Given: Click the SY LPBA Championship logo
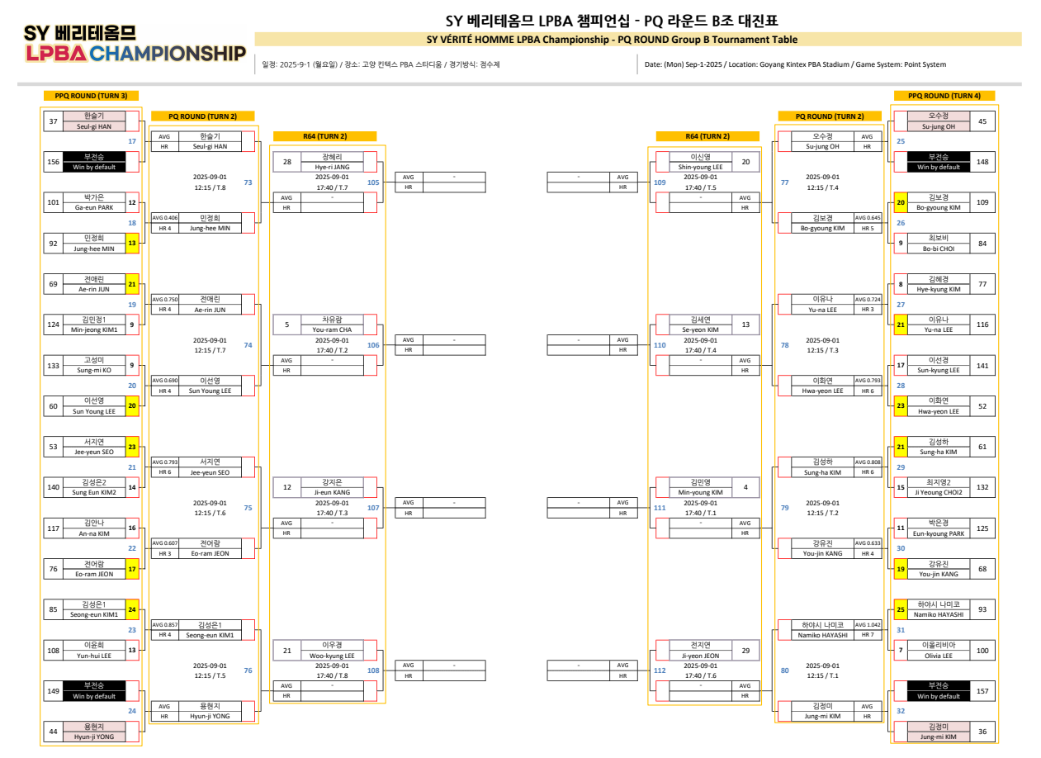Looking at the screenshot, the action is tap(135, 44).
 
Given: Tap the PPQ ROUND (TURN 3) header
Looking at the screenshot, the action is tap(91, 96).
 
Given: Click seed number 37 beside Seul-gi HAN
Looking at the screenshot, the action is tap(54, 121).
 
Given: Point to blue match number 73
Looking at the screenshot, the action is tap(248, 182).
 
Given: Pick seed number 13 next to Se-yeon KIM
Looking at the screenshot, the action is tap(745, 325).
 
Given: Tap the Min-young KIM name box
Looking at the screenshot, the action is tap(700, 487).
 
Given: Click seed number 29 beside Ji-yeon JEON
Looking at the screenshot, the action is tap(745, 650).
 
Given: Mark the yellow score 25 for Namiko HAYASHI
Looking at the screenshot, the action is tap(901, 609).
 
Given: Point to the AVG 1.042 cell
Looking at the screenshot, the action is tap(867, 624).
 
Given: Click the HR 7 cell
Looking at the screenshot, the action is tap(867, 634).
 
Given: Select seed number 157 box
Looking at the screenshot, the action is tap(982, 691).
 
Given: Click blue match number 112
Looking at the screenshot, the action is tap(660, 670).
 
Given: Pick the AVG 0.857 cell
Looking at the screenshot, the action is tap(164, 624).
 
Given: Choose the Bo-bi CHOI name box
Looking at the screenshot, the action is tap(938, 244).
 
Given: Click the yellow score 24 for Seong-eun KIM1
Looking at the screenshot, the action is tap(132, 609).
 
